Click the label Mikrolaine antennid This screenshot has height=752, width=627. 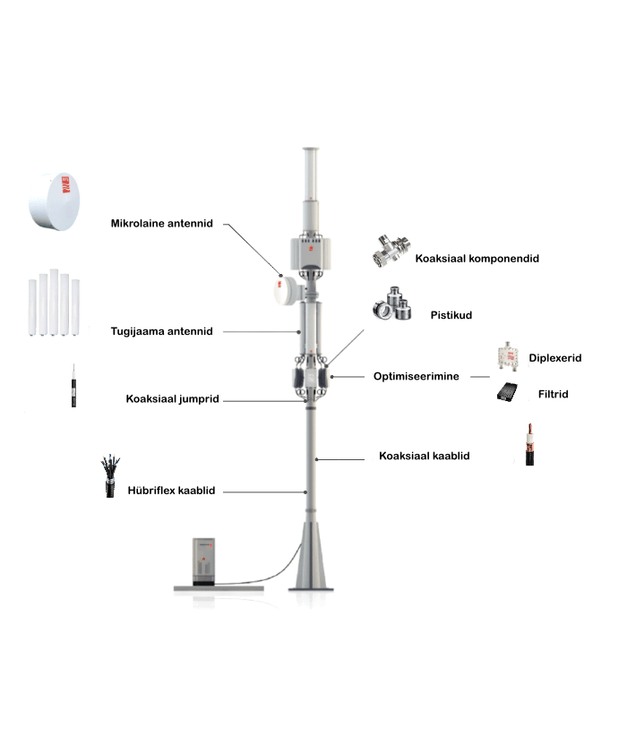161,224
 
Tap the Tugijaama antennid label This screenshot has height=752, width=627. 161,331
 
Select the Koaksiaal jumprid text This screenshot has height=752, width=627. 172,399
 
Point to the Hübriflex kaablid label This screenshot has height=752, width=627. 171,491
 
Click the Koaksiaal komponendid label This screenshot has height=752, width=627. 477,259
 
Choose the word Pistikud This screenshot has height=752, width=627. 451,315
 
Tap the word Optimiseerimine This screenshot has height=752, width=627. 416,377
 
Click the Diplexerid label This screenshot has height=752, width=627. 555,358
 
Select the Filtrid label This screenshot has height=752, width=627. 554,394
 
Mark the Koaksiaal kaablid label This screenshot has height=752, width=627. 424,456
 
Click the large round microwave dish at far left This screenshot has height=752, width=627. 55,201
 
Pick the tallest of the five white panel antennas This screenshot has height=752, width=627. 54,303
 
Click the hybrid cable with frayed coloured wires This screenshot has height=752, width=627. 110,476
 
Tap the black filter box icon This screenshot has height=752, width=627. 507,392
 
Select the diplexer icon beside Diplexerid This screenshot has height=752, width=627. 508,355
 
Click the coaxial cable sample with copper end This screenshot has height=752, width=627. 529,445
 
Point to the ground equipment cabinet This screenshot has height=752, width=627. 204,561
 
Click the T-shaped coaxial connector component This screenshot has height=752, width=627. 391,251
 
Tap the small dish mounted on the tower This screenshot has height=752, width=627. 286,290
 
